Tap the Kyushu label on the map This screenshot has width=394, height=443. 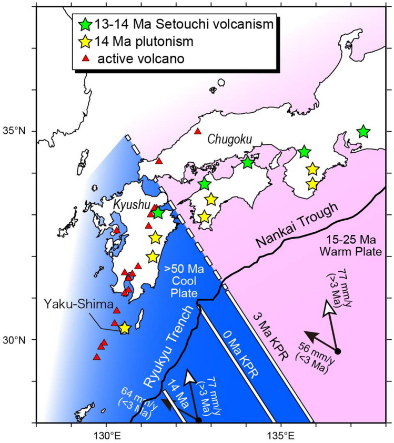coord(129,204)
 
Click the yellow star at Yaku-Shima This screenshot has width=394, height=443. coord(124,328)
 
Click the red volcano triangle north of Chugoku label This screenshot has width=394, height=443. coord(198,131)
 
